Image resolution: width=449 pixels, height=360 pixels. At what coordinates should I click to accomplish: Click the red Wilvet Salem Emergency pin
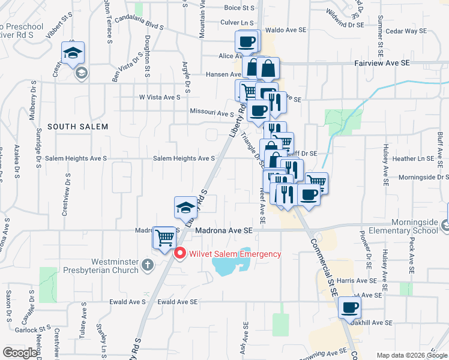point(179,254)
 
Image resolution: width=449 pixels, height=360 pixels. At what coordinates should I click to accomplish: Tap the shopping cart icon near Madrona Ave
point(164,238)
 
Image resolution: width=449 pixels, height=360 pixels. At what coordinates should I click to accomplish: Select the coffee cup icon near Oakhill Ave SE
point(349,308)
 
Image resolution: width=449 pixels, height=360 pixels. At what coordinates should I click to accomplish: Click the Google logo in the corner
point(20,353)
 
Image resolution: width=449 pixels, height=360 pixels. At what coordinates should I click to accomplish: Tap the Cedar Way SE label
point(406,31)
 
